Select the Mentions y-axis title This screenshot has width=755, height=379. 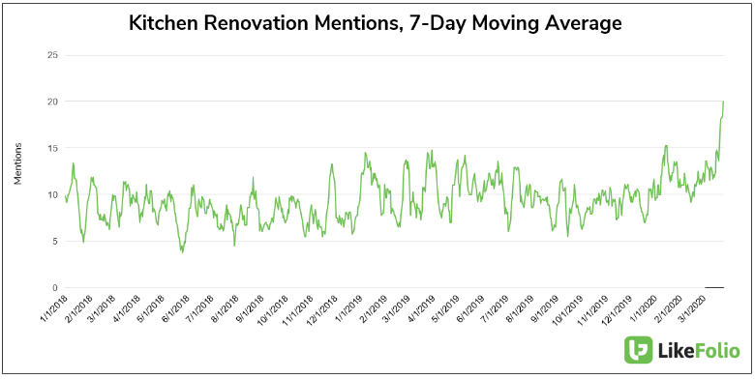(x=17, y=165)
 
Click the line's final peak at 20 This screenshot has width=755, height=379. (x=723, y=102)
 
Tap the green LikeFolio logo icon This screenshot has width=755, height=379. (x=639, y=350)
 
